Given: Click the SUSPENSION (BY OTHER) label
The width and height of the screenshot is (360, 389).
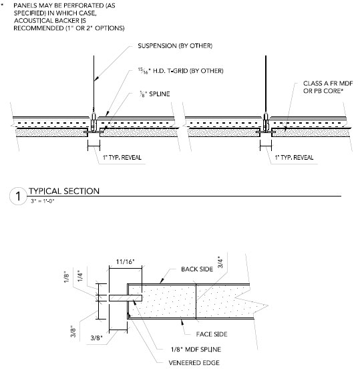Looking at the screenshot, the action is point(175,46).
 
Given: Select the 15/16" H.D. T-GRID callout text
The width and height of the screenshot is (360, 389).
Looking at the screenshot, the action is point(181,71).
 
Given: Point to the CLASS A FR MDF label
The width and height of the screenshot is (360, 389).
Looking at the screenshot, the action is point(328,84).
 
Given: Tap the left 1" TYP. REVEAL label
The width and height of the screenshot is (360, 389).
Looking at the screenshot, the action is point(122,158).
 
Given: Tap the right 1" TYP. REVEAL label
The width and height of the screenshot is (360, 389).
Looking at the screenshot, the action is point(294,158).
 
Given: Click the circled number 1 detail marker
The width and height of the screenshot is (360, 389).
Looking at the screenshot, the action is point(18,196).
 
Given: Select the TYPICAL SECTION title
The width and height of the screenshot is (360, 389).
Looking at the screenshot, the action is point(64,191).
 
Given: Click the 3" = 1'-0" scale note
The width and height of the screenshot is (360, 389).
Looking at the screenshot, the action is point(42,201).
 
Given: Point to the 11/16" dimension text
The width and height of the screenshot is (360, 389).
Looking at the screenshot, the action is point(125,262).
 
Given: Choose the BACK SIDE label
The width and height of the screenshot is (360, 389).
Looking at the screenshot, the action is point(197,269).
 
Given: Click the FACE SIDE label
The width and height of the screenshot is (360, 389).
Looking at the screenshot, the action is point(212,334).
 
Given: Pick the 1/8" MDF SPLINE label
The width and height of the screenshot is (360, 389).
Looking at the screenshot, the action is point(196,350).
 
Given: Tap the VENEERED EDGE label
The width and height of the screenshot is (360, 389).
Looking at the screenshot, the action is point(194,363).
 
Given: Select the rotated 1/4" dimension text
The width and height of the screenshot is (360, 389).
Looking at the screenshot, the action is point(80,276).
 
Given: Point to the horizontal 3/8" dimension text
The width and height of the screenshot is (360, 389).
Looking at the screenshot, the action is point(96,338).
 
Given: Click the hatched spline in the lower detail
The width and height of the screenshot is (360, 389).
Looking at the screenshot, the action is point(126,298).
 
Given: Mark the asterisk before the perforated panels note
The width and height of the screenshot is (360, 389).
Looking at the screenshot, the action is point(2,5).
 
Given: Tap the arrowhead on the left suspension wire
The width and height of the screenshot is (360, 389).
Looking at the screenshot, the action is point(96,78).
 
